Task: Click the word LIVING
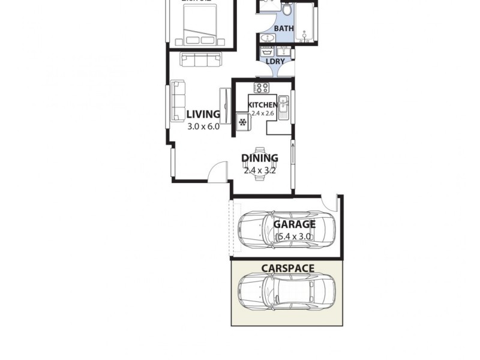[x=203, y=114]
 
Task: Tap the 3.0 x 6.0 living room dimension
[x=203, y=126]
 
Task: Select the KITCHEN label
[x=263, y=105]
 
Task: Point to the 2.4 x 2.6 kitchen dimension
[x=262, y=113]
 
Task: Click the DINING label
[x=260, y=158]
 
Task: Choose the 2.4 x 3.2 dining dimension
[x=260, y=170]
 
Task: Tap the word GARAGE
[x=295, y=224]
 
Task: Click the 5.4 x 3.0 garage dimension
[x=294, y=236]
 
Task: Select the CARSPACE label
[x=287, y=268]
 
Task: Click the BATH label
[x=284, y=28]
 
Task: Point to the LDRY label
[x=275, y=61]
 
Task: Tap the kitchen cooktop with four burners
[x=261, y=88]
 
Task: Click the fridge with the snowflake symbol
[x=243, y=122]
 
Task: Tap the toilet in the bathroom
[x=287, y=10]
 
